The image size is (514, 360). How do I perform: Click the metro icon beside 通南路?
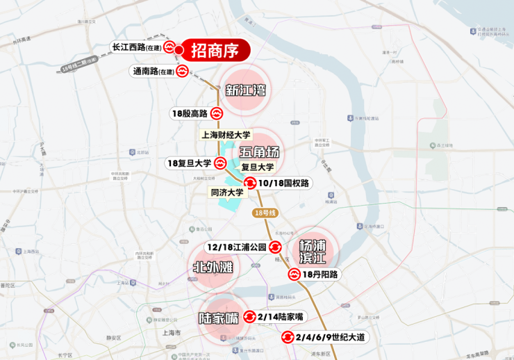[182, 71]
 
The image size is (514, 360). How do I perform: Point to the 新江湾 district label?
[246, 90]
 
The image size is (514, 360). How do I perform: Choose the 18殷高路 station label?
[189, 113]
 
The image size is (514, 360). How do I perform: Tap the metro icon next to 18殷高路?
[217, 113]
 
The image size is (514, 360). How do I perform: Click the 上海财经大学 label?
[226, 135]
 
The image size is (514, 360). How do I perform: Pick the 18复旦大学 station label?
[189, 163]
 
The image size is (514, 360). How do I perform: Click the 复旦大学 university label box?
[258, 167]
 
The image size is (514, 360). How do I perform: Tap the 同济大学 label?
[227, 193]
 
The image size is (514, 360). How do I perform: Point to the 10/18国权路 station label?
[283, 183]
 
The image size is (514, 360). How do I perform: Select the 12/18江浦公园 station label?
[236, 247]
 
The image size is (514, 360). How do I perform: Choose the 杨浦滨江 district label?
[312, 252]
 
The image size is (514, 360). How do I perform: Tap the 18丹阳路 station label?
[320, 275]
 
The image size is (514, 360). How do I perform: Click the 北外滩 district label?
[213, 268]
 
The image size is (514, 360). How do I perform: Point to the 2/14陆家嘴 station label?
[280, 317]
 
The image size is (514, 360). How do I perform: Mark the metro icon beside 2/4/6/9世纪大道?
[288, 338]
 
